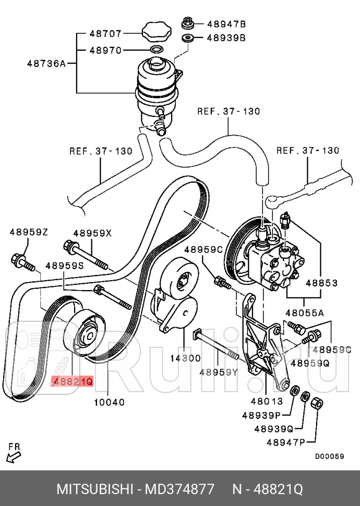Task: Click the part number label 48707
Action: (x=105, y=34)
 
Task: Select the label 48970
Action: (x=105, y=51)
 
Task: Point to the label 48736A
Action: (x=46, y=64)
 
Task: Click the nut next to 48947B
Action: (x=188, y=23)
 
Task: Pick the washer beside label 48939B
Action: (x=188, y=38)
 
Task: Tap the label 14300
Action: (x=184, y=358)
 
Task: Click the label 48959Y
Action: (x=218, y=371)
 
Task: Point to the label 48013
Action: (x=266, y=402)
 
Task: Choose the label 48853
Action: (x=321, y=283)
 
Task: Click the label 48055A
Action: (x=305, y=313)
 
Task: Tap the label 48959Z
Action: (x=29, y=232)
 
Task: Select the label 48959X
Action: (x=92, y=233)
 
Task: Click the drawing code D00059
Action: (x=329, y=456)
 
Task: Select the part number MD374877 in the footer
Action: (x=181, y=489)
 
